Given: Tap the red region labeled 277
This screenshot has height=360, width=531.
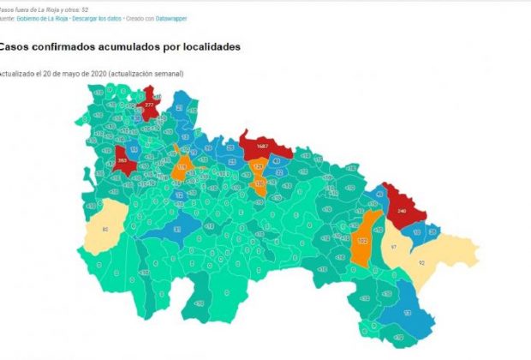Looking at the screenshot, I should (x=150, y=104).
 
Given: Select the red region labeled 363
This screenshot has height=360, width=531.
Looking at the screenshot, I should (x=122, y=159).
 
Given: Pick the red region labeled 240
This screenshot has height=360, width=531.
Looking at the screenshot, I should (x=402, y=208).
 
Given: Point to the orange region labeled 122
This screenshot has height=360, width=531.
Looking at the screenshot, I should (x=363, y=241).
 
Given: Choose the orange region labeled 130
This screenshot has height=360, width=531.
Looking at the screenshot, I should (x=259, y=183).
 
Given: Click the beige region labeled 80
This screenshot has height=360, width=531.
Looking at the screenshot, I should (x=105, y=229).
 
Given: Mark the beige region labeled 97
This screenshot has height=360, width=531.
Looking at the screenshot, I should (x=393, y=246).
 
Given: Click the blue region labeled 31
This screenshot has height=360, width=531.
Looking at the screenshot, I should (x=176, y=229).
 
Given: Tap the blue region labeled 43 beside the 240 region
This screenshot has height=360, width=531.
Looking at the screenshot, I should (x=380, y=195).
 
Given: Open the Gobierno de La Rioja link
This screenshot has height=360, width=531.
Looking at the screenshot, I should (x=42, y=18).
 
